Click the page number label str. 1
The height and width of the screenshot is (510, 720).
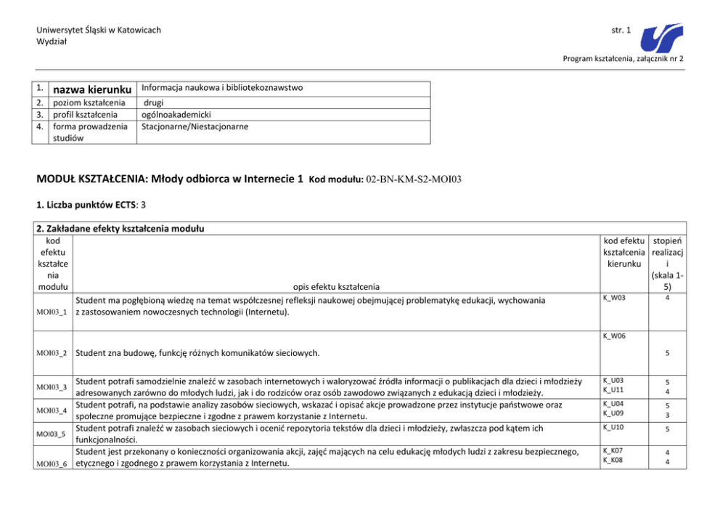(x=621, y=30)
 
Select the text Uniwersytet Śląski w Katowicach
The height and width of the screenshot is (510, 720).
(x=99, y=30)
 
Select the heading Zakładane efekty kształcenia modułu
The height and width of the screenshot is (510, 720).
(x=120, y=228)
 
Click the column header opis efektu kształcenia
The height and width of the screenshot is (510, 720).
(x=336, y=286)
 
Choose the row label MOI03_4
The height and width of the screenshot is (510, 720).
(x=52, y=410)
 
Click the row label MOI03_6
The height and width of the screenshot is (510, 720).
(x=52, y=463)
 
